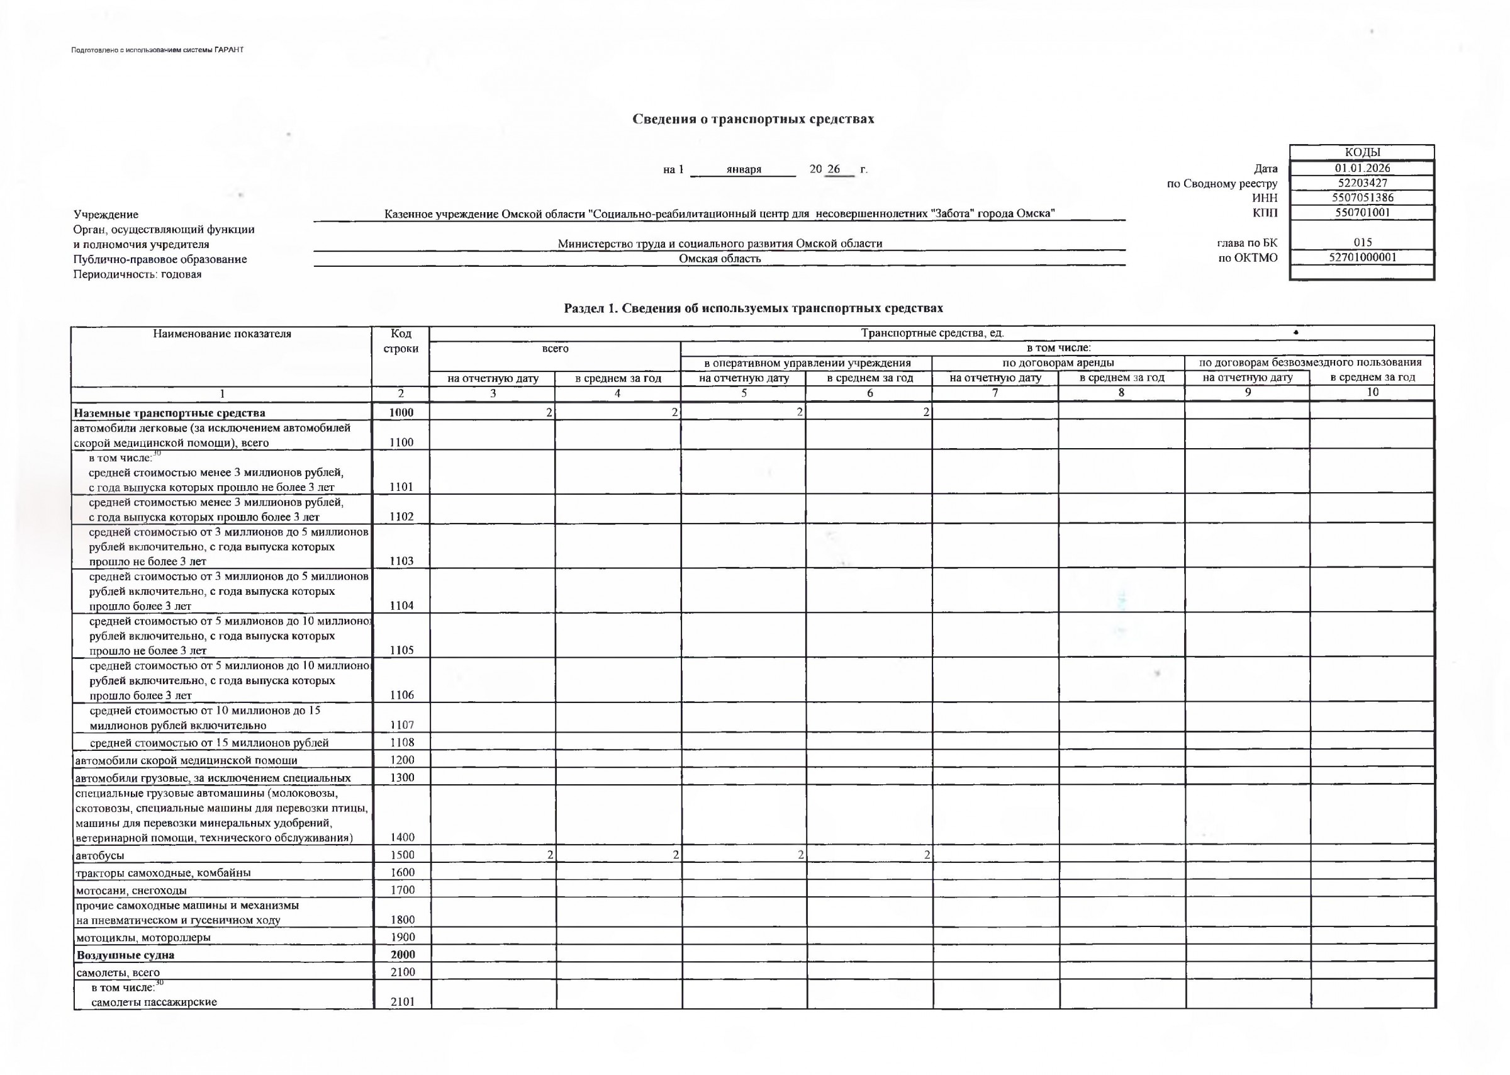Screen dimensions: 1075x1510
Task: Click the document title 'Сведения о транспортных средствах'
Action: coord(753,119)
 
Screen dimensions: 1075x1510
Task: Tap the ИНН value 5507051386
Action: coord(1362,198)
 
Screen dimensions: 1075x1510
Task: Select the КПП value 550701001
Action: coord(1362,213)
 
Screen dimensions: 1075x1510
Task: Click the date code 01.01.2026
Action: coord(1362,169)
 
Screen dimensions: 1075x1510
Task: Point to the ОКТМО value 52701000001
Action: coord(1362,257)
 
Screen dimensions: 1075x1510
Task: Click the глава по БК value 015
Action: coord(1362,242)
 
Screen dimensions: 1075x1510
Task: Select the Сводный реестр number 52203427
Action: coord(1362,183)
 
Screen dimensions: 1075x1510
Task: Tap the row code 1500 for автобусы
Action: coord(401,855)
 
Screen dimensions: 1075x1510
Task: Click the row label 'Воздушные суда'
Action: coord(125,955)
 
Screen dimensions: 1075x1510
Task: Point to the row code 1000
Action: coord(401,412)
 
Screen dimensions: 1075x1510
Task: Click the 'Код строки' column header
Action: coord(400,341)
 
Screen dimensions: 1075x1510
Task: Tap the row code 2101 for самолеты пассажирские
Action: coord(402,1001)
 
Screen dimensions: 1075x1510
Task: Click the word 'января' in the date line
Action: coord(744,169)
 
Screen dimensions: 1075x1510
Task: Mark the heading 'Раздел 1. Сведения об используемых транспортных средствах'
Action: coord(753,308)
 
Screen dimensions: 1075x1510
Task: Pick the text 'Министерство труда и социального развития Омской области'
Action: coord(719,244)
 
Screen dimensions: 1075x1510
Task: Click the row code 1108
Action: coord(401,742)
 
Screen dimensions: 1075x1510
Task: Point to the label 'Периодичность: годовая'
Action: coord(138,274)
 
